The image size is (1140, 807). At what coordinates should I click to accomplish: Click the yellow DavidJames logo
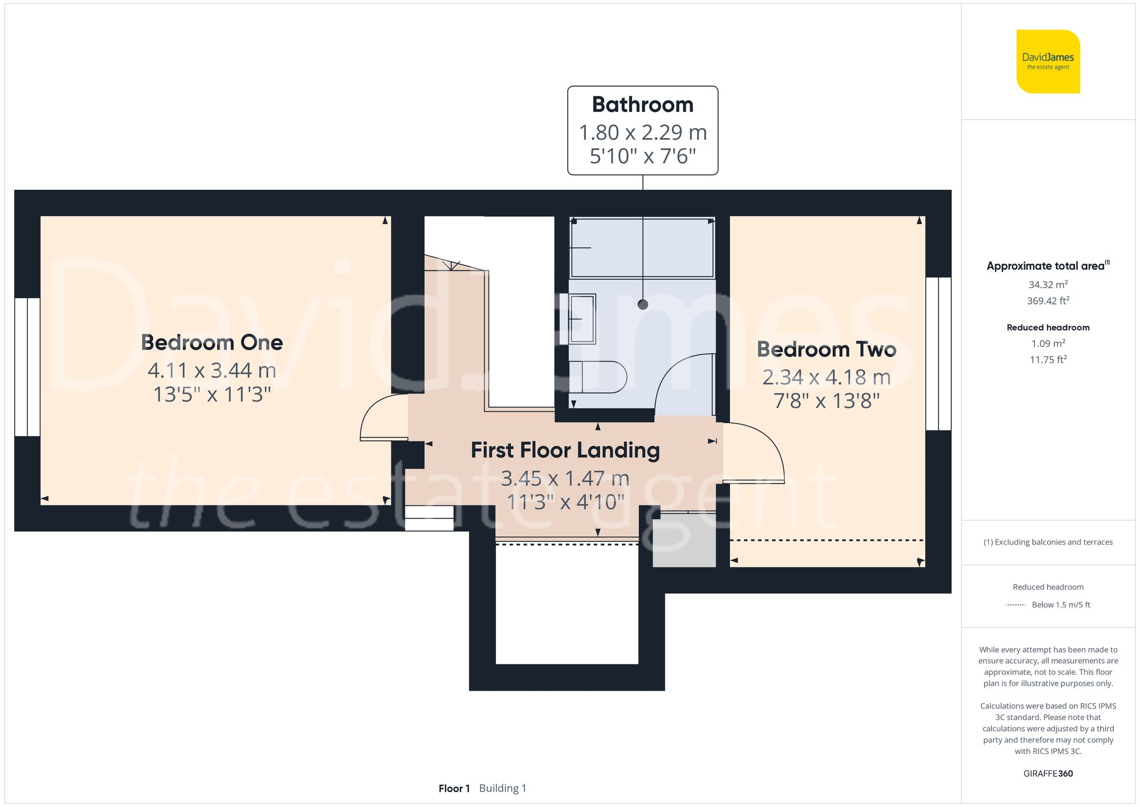pos(1048,62)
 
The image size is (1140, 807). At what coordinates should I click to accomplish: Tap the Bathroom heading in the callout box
pos(642,105)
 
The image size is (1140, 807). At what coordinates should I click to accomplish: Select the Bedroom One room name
pos(212,343)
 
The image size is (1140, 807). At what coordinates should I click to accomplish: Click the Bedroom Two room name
pos(826,350)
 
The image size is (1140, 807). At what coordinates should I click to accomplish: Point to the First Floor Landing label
pos(565,451)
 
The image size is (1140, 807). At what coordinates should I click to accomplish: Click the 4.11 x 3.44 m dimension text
pos(212,371)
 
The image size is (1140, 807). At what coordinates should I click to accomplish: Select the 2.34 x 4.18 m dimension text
pos(826,378)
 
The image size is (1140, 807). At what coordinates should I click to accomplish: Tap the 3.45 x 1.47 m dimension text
pos(565,478)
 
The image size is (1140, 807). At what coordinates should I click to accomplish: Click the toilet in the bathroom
pos(597,377)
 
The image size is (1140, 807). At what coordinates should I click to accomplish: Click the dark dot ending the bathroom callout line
pos(643,305)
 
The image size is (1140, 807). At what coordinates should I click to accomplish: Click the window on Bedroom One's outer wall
pos(27,367)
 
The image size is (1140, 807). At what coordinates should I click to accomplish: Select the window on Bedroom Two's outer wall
pos(938,354)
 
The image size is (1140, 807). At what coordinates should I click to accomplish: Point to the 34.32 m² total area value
pos(1048,285)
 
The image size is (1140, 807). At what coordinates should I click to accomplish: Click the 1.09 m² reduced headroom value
pos(1048,343)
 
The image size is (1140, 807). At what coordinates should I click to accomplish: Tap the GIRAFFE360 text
pos(1048,774)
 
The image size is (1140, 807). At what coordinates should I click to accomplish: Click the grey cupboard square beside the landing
pos(684,540)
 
